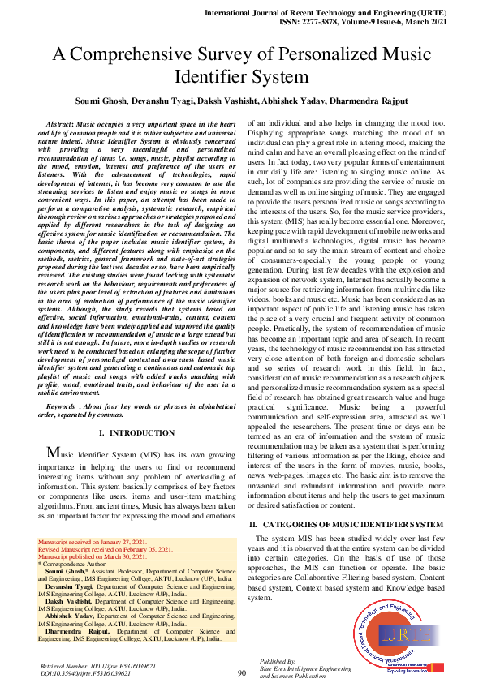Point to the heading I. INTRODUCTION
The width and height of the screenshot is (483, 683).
pyautogui.click(x=137, y=434)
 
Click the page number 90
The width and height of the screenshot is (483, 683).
pyautogui.click(x=241, y=672)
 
